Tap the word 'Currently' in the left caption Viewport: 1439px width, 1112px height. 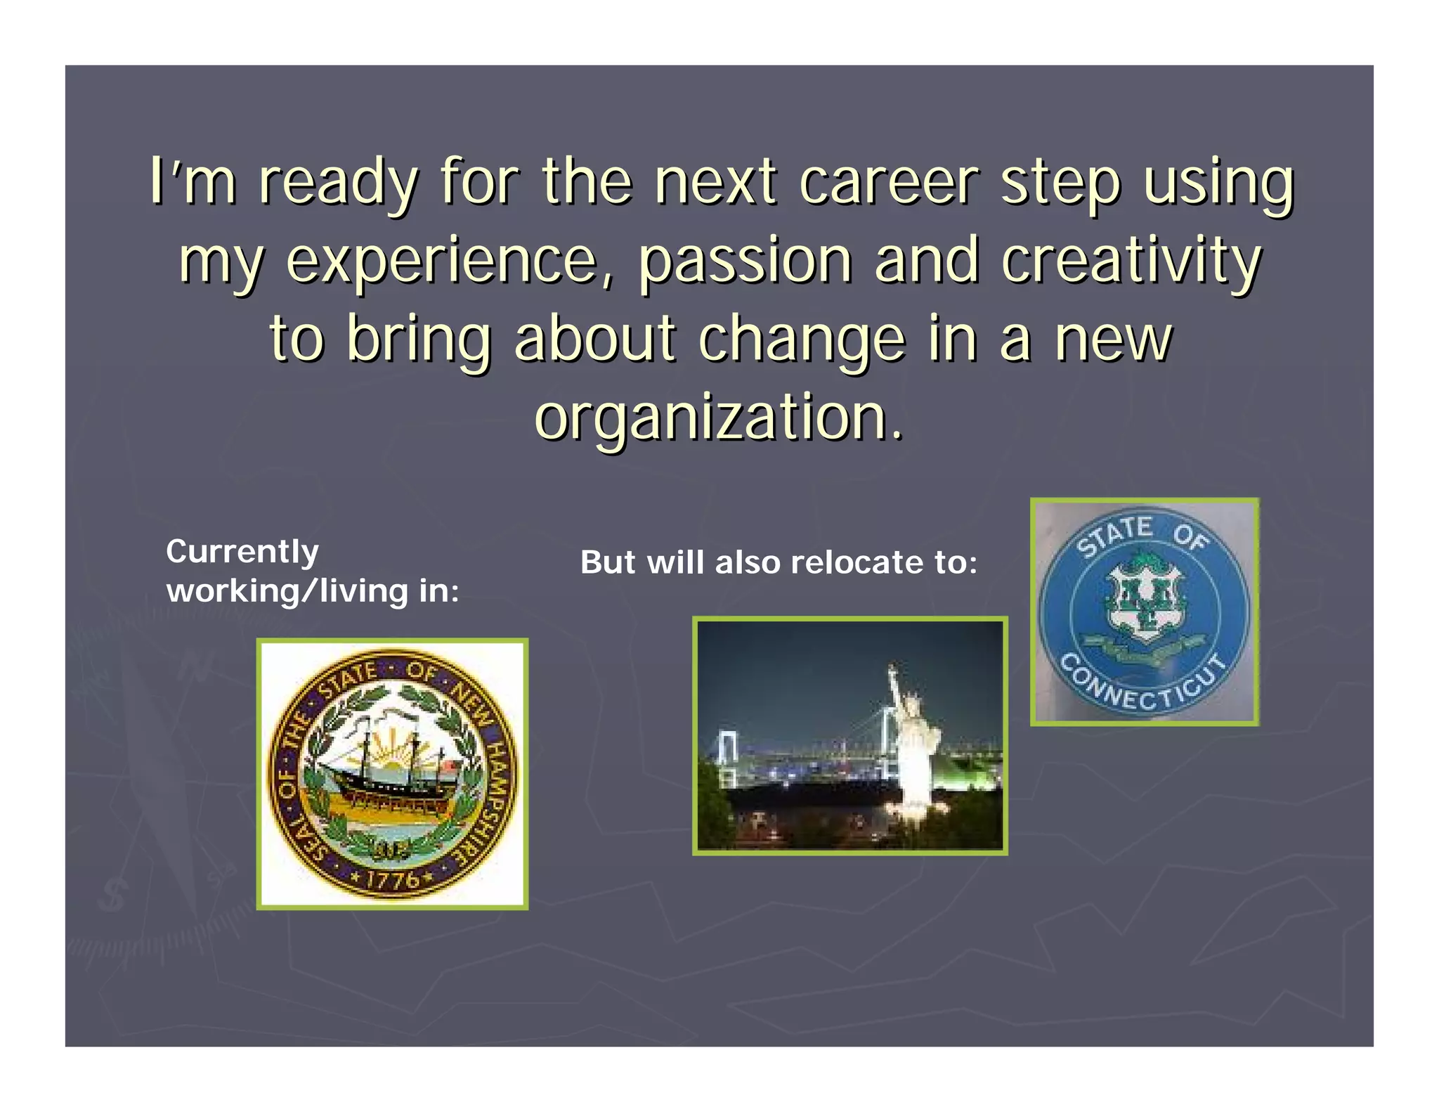242,551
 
